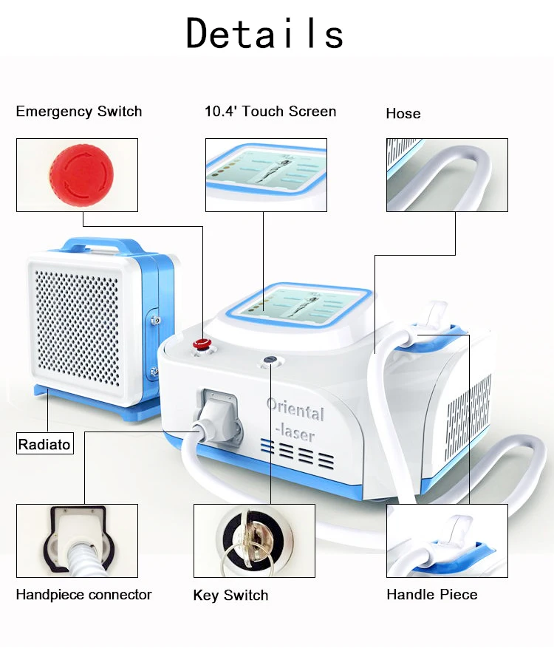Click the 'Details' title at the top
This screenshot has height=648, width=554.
(x=264, y=33)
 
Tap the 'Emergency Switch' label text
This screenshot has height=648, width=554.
(x=79, y=112)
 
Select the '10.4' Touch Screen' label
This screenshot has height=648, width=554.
(x=270, y=112)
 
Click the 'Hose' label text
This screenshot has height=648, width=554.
(x=403, y=114)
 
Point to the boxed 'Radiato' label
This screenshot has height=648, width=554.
(x=45, y=444)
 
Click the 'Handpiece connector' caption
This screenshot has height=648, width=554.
(x=84, y=595)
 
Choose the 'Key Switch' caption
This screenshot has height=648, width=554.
(x=230, y=596)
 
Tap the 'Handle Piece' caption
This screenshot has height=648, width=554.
(x=432, y=595)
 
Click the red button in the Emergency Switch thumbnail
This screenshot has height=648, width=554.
(x=81, y=174)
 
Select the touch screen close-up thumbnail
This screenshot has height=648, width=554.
(x=266, y=174)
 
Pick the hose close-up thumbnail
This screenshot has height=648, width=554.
(x=447, y=175)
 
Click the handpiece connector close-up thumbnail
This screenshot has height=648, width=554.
(x=77, y=540)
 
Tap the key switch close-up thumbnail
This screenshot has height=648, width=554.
(x=254, y=540)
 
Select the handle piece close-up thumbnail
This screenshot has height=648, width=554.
(x=447, y=540)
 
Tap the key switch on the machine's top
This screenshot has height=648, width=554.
(x=270, y=359)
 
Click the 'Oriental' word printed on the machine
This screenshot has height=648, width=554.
(x=295, y=409)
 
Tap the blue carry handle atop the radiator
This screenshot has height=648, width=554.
(x=104, y=245)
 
